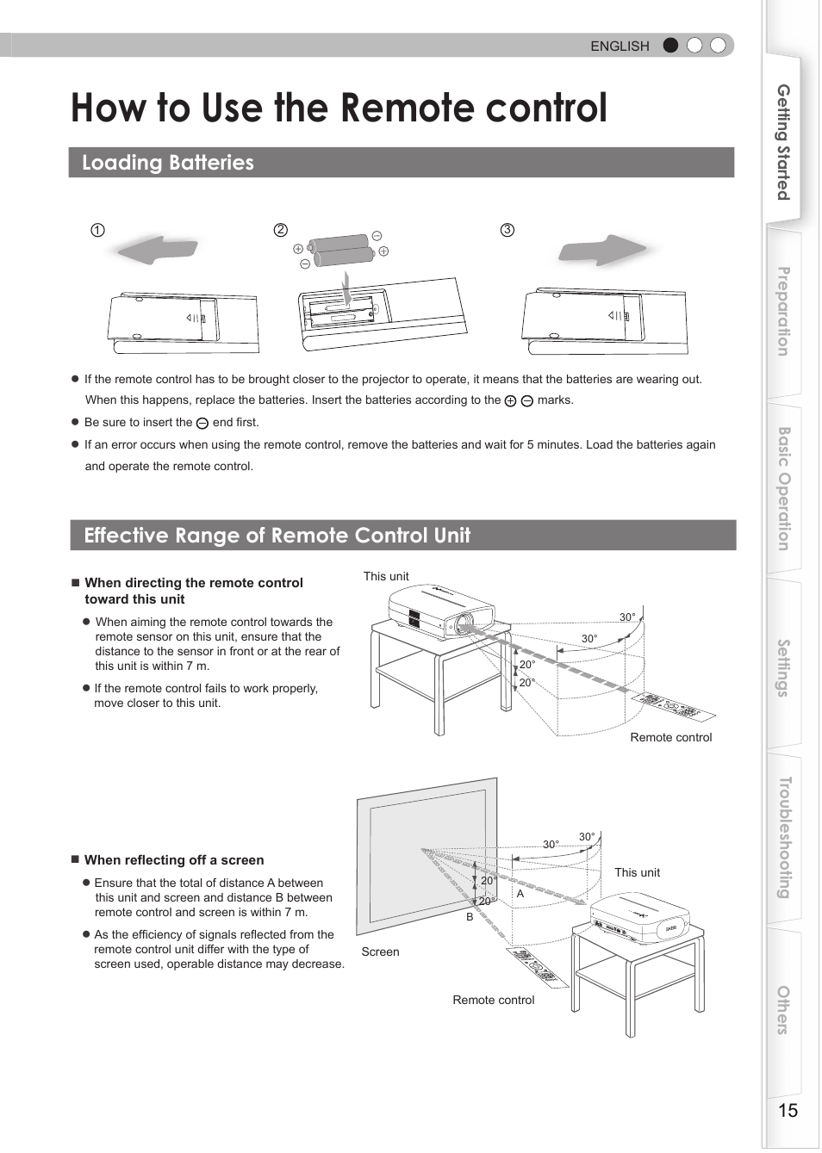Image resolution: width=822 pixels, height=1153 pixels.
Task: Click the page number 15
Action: pyautogui.click(x=788, y=1110)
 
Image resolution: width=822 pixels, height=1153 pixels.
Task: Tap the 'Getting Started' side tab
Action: pyautogui.click(x=783, y=142)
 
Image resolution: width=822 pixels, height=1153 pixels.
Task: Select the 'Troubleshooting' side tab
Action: pyautogui.click(x=783, y=838)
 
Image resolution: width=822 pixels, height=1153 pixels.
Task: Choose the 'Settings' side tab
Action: pyautogui.click(x=783, y=667)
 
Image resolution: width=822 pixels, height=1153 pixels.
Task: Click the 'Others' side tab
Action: pyautogui.click(x=783, y=1010)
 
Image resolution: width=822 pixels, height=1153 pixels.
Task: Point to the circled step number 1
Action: pyautogui.click(x=97, y=230)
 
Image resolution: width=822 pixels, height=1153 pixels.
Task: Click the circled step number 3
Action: pyautogui.click(x=508, y=230)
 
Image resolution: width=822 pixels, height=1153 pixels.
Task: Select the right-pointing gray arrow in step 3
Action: pyautogui.click(x=602, y=251)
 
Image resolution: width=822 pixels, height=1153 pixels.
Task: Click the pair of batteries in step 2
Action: pyautogui.click(x=341, y=251)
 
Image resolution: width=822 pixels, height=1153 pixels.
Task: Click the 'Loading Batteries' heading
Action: pyautogui.click(x=168, y=163)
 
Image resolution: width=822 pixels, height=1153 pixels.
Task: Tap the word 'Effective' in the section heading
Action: pyautogui.click(x=126, y=535)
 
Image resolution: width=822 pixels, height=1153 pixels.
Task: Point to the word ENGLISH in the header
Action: pyautogui.click(x=620, y=46)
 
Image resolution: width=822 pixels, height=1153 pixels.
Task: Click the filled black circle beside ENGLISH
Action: pyautogui.click(x=670, y=46)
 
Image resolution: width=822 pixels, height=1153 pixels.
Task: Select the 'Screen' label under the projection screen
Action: pyautogui.click(x=380, y=952)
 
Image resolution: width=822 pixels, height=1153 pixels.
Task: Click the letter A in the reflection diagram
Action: pyautogui.click(x=520, y=894)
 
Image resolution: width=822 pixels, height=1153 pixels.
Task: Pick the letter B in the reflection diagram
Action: pyautogui.click(x=470, y=917)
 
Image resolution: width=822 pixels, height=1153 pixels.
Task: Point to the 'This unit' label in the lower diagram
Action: pyautogui.click(x=637, y=872)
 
